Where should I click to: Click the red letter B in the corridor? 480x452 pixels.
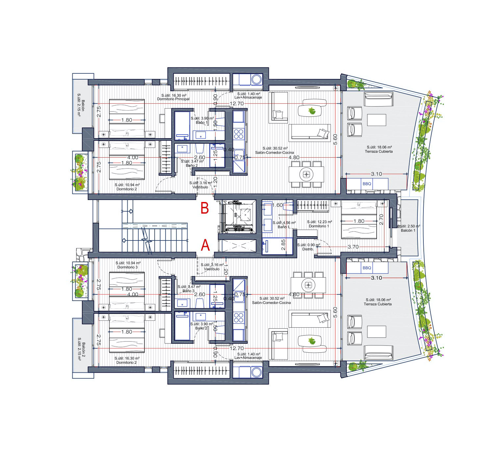pos(205,209)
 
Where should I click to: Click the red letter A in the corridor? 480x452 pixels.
pos(205,245)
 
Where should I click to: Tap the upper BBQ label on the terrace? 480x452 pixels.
pos(367,184)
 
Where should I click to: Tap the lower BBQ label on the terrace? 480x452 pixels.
pos(367,268)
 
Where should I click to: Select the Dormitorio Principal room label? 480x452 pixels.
pos(173,99)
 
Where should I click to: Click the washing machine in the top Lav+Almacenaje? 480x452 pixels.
pos(256,79)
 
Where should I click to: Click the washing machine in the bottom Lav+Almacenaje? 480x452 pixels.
pos(256,372)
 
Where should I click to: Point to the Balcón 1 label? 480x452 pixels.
pos(408,231)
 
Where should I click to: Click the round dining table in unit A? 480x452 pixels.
pos(308,284)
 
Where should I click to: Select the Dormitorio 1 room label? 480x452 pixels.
pos(319,226)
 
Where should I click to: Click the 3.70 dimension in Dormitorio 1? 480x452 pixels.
pos(353,247)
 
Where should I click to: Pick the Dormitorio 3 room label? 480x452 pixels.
pos(127,267)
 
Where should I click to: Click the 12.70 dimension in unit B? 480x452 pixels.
pos(237,104)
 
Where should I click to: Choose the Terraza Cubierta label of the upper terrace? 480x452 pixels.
pos(379,152)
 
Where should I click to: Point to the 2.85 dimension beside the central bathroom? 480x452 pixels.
pos(283,245)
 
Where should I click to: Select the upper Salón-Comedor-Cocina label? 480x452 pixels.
pos(274,153)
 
